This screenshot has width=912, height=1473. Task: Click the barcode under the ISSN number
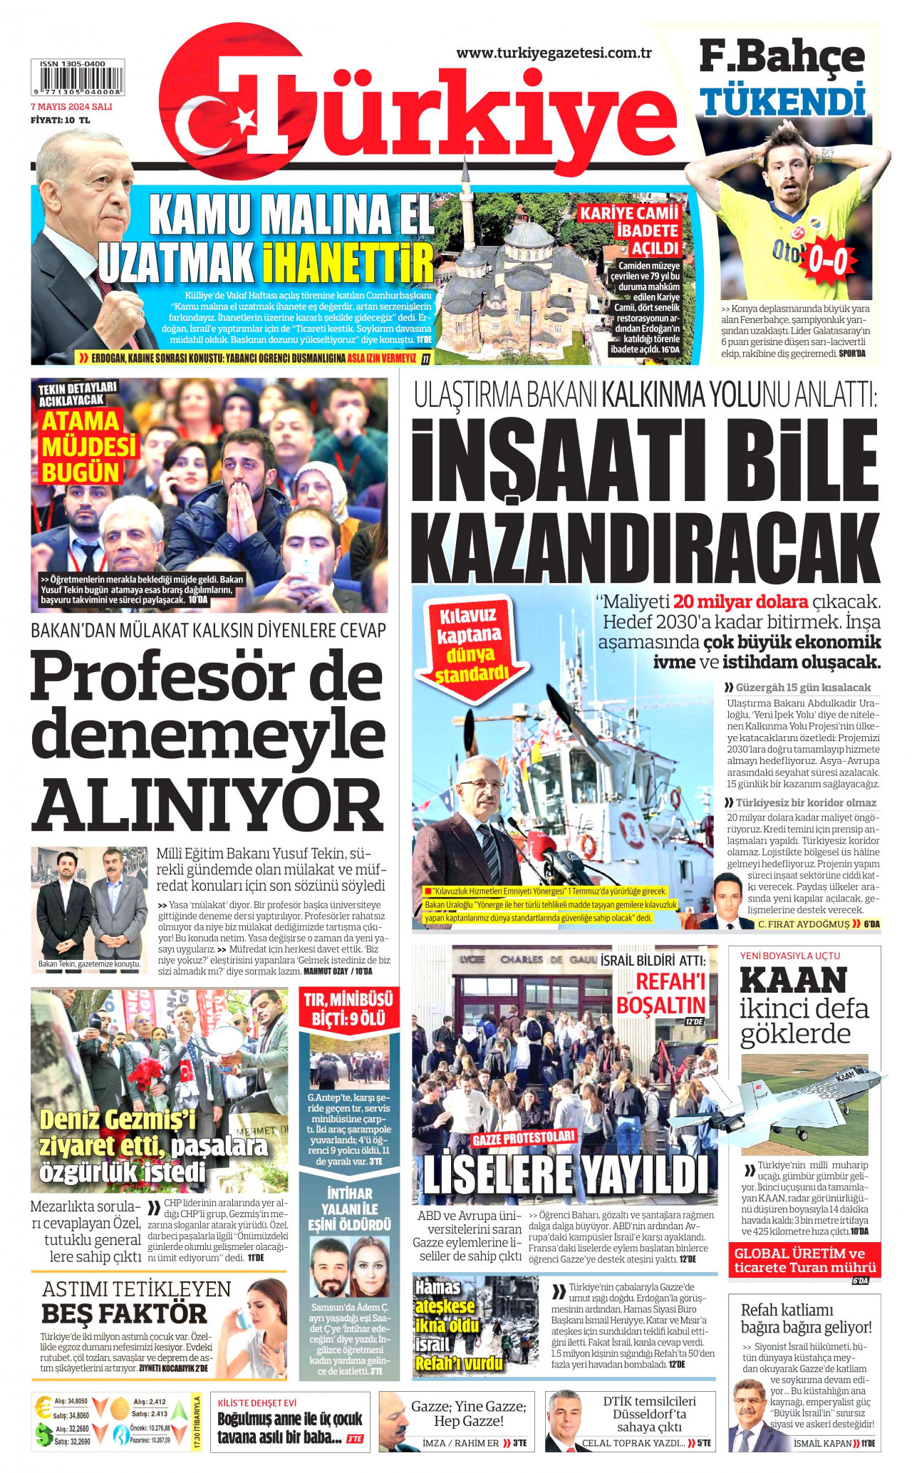(77, 82)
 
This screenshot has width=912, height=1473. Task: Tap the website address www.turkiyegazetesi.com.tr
(554, 53)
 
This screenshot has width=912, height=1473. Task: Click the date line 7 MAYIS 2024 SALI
(71, 107)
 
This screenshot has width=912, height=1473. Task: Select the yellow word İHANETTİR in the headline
(348, 262)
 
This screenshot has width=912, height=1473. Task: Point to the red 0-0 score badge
(826, 262)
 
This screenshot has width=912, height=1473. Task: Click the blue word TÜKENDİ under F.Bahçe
(782, 100)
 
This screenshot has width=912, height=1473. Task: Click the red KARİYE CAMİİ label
(629, 213)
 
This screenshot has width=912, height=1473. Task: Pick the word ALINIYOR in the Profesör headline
(207, 804)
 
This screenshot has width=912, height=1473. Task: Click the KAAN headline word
(793, 981)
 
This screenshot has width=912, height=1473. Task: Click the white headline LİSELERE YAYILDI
(565, 1174)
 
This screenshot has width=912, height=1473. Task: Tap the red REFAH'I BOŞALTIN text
(660, 993)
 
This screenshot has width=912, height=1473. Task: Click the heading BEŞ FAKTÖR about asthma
(124, 1313)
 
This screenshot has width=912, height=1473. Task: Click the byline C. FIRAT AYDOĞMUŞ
(803, 924)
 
